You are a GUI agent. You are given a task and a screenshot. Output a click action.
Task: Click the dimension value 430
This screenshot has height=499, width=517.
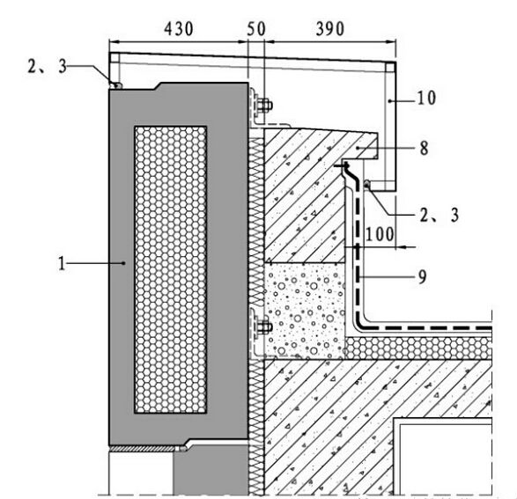coord(179,29)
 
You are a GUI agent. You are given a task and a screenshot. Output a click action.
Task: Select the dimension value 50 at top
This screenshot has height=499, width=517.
coord(256,29)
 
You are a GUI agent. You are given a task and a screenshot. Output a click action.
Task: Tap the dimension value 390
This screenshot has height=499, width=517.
coord(330,29)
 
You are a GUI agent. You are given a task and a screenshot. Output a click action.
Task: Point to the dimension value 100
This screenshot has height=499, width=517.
coord(380,234)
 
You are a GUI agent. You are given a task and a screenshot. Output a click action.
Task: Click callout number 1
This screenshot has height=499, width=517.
coord(62,263)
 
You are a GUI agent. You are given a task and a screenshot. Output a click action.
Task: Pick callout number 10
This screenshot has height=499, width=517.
coord(426,98)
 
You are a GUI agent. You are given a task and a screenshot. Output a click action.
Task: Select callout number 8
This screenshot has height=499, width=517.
coord(424,148)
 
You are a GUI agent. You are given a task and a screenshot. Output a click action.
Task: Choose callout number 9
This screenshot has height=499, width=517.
coord(423,276)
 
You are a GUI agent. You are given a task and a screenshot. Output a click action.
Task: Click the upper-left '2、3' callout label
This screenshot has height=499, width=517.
coord(48,67)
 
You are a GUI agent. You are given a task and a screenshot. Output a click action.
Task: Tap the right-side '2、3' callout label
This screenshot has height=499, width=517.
coord(439,215)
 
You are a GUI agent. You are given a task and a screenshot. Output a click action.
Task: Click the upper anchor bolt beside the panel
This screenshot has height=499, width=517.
coord(263,106)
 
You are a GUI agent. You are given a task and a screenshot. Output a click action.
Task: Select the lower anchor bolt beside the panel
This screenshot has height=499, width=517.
coord(263,327)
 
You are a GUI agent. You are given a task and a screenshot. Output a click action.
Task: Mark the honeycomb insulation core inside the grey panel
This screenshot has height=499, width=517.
coord(171,269)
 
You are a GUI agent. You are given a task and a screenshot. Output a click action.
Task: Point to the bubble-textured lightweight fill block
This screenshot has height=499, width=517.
coord(305,311)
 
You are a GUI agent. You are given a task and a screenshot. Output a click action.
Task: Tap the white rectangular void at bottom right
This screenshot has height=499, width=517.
coord(445,459)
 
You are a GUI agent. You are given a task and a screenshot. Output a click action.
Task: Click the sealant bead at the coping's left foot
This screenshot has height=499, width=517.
coord(117,85)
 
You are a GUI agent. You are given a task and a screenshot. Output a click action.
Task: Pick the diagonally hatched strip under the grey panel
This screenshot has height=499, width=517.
coord(144,449)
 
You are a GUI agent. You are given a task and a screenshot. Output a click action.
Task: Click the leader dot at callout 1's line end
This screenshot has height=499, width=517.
coord(123,263)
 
